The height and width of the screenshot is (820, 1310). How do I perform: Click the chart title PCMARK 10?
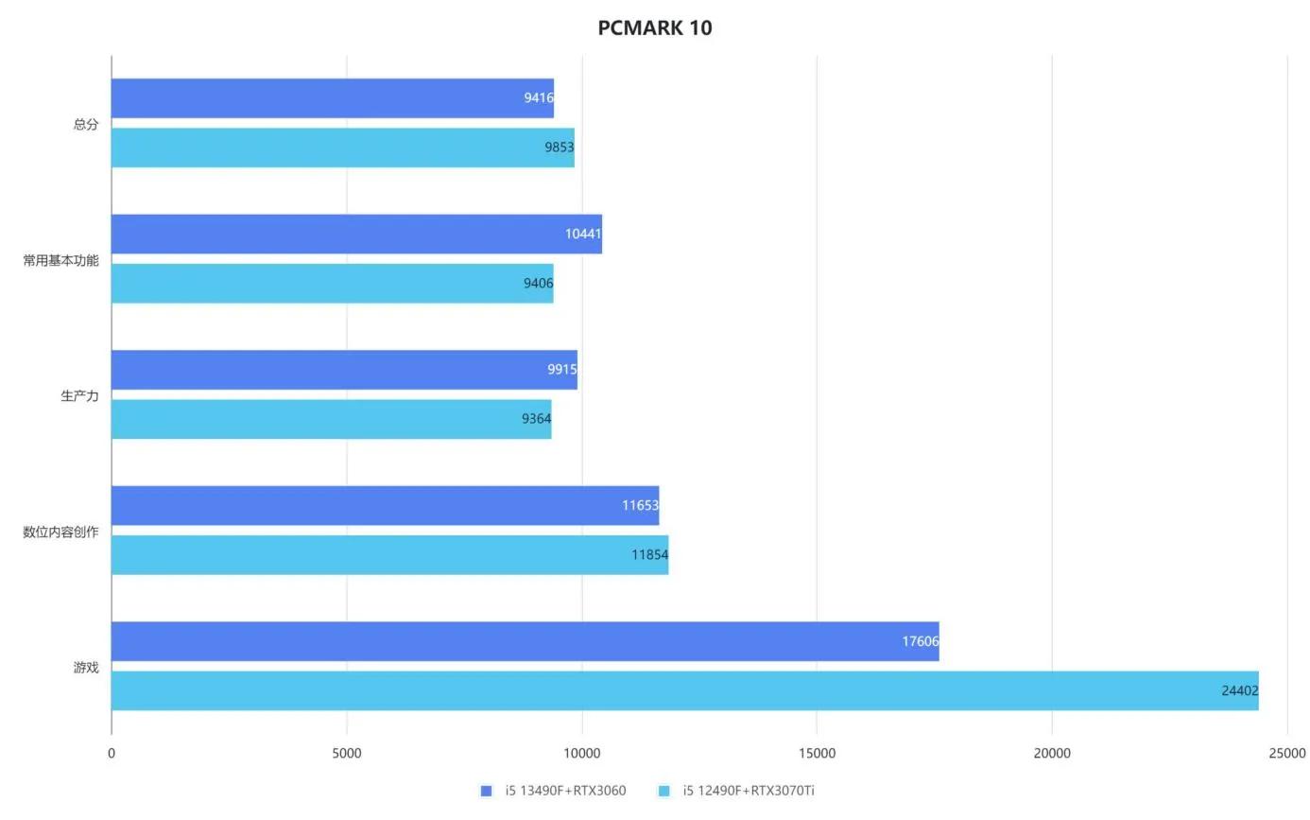click(x=654, y=27)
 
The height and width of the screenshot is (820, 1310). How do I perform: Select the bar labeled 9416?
click(x=332, y=98)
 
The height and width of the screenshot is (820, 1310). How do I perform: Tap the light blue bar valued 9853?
click(x=342, y=148)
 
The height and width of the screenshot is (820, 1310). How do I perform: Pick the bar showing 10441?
click(x=356, y=234)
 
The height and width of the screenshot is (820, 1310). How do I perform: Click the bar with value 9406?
click(x=332, y=284)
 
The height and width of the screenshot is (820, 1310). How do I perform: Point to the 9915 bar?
click(x=344, y=370)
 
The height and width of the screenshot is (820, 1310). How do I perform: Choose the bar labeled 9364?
click(x=331, y=419)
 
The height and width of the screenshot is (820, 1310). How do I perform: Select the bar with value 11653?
click(x=385, y=506)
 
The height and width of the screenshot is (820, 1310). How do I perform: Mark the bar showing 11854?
click(x=389, y=555)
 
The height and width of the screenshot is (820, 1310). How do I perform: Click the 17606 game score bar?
click(x=525, y=641)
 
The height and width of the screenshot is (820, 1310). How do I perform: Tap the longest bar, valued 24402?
click(x=684, y=690)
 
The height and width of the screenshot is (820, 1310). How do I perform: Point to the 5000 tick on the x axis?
click(x=347, y=754)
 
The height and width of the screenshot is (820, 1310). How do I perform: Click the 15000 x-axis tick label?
click(x=817, y=754)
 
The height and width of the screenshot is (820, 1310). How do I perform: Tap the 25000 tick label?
click(x=1286, y=754)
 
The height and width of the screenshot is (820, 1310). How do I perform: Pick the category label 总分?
click(x=86, y=124)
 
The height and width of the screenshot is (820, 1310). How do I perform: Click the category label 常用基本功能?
click(x=60, y=260)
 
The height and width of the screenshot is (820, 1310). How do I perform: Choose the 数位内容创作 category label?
click(x=60, y=532)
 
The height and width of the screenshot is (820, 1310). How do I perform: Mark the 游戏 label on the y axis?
click(x=86, y=668)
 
